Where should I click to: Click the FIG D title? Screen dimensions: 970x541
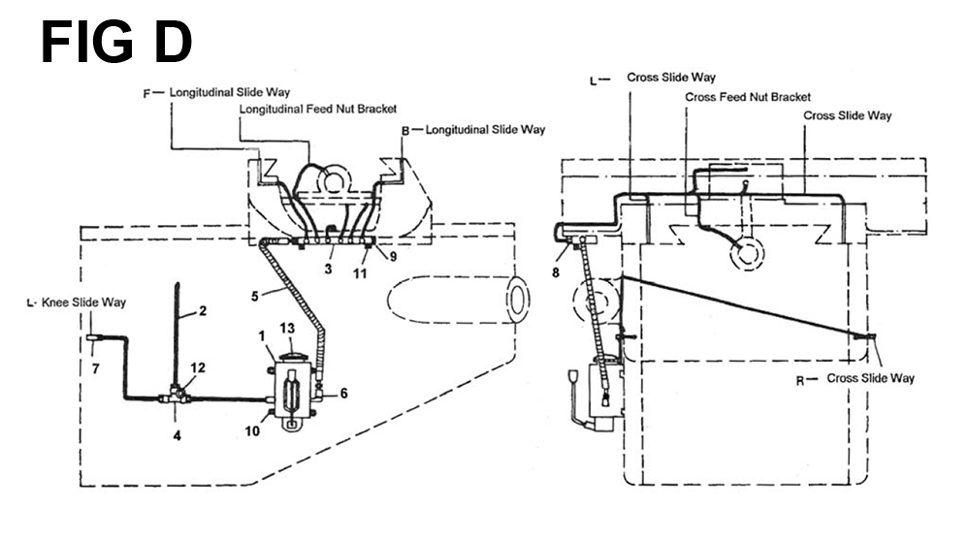116,42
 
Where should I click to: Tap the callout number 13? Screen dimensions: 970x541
287,329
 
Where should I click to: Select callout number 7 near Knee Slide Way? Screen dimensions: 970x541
95,369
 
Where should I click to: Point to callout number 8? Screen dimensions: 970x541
556,272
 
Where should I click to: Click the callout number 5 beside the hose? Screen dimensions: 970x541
254,297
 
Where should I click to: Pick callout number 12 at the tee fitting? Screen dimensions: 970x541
344,394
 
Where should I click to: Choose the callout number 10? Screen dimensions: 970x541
252,430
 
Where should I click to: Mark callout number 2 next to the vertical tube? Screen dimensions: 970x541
203,311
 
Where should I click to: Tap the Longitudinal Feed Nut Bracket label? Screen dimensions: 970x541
318,109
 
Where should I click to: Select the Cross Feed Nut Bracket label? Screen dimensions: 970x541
747,97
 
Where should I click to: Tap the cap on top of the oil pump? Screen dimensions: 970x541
291,357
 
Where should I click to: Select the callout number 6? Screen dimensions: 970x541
344,394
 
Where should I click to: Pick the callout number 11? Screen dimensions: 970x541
360,272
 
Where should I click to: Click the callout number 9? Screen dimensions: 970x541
393,256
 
